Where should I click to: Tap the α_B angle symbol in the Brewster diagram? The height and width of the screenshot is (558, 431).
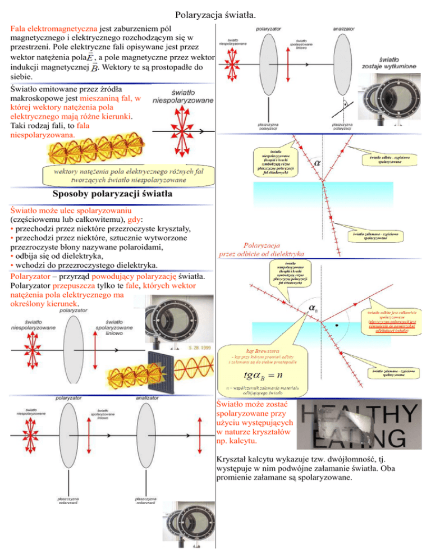(x=314, y=309)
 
